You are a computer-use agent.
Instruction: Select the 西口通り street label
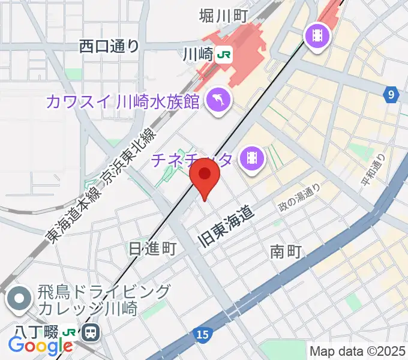109,46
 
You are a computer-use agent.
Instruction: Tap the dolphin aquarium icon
218,99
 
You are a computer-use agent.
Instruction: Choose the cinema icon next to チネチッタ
251,158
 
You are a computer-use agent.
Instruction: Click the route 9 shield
391,94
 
